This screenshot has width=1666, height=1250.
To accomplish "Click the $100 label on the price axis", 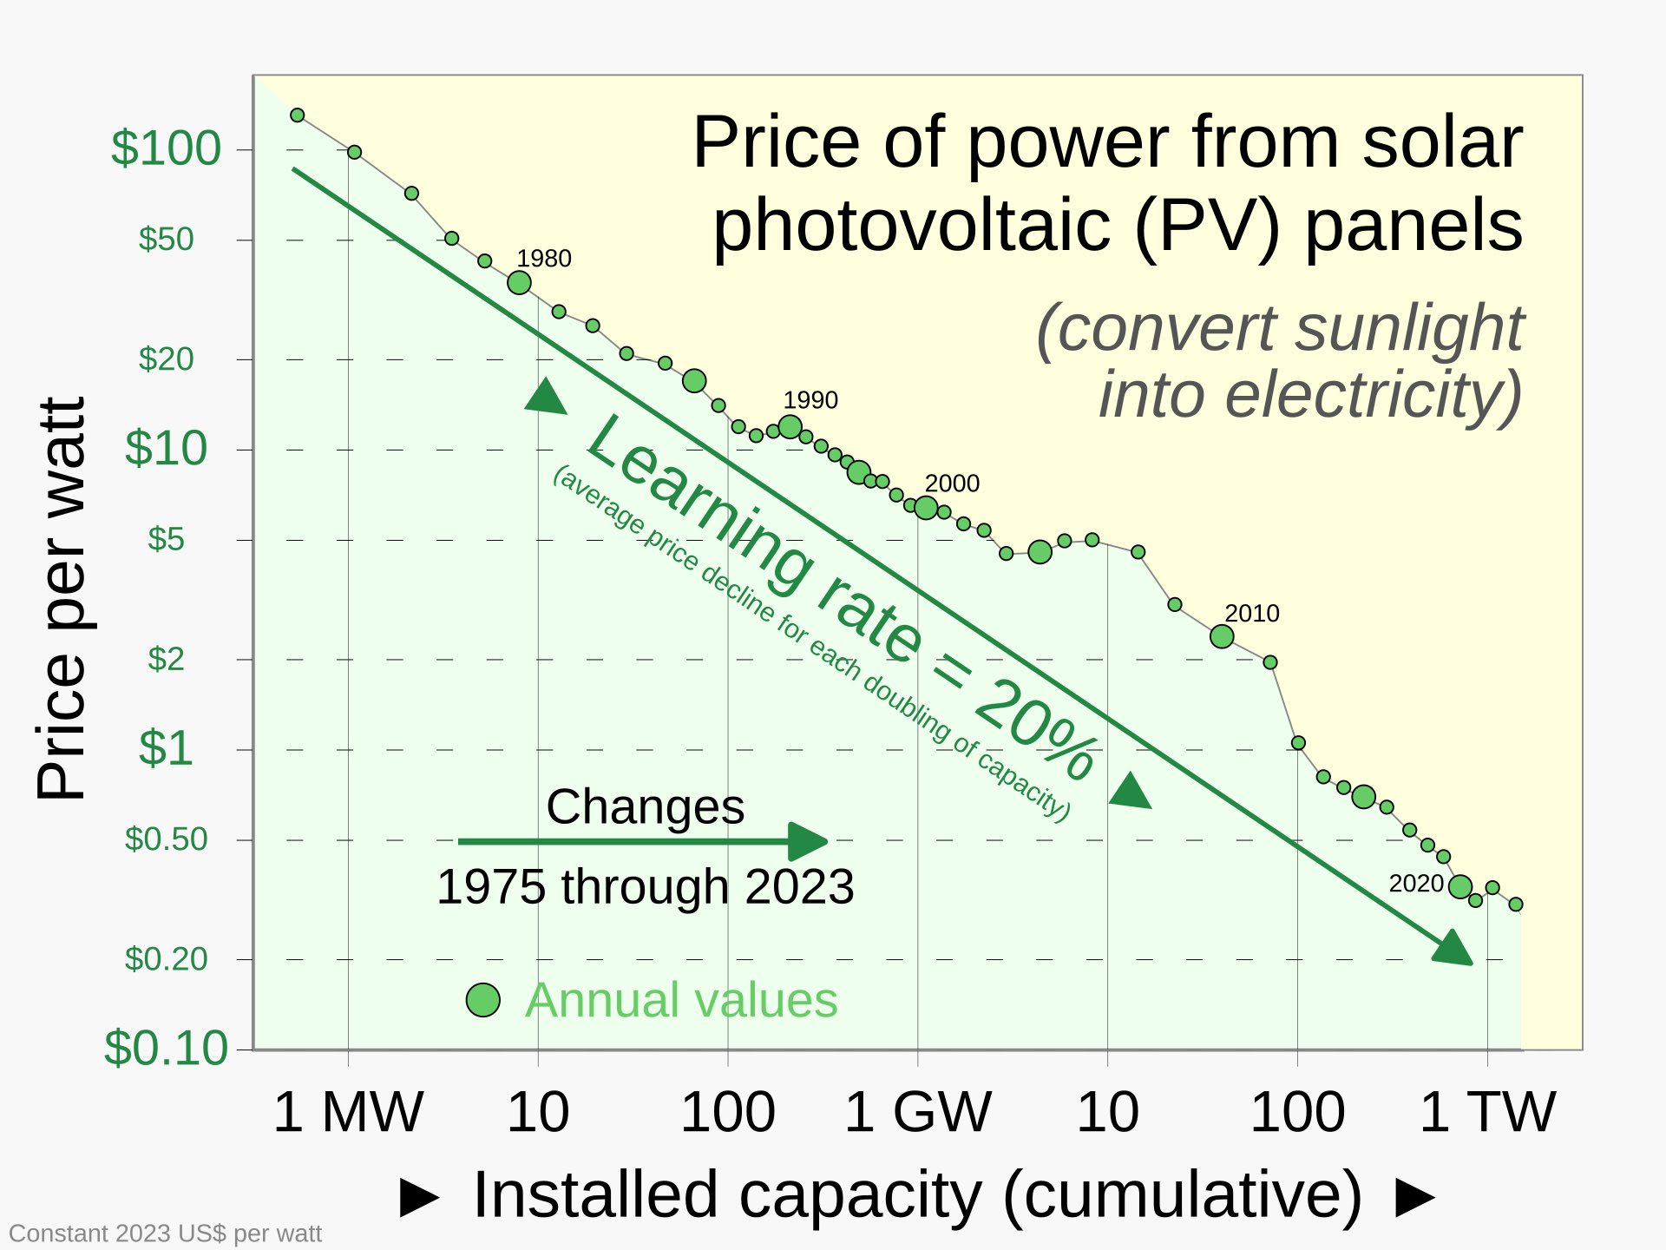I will tap(166, 148).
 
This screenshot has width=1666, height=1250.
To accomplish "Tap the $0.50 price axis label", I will tap(166, 839).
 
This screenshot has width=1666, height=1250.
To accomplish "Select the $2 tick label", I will tap(166, 660).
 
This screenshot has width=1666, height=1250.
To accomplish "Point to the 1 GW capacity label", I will tap(917, 1112).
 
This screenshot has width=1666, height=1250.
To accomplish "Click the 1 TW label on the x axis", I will tap(1487, 1112).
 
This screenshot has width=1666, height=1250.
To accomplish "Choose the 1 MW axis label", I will tap(347, 1112).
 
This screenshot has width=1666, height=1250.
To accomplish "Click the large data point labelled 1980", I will tap(519, 283).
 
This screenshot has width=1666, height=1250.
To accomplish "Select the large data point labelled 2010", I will tap(1222, 637).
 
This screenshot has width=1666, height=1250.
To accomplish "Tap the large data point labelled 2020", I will tap(1460, 887).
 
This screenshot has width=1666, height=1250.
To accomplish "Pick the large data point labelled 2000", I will tap(926, 508).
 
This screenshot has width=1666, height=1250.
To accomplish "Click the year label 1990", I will tap(810, 400).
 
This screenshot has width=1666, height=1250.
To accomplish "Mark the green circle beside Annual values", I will tap(482, 1000).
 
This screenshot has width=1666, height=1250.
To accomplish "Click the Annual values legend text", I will tap(681, 1000).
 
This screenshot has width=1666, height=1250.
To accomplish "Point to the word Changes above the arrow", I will tap(645, 807).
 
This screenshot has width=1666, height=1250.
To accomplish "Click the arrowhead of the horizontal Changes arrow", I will tap(809, 841).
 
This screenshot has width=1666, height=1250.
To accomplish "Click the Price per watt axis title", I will tap(62, 599).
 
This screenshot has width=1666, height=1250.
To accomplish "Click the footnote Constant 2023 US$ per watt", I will tap(165, 1234).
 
